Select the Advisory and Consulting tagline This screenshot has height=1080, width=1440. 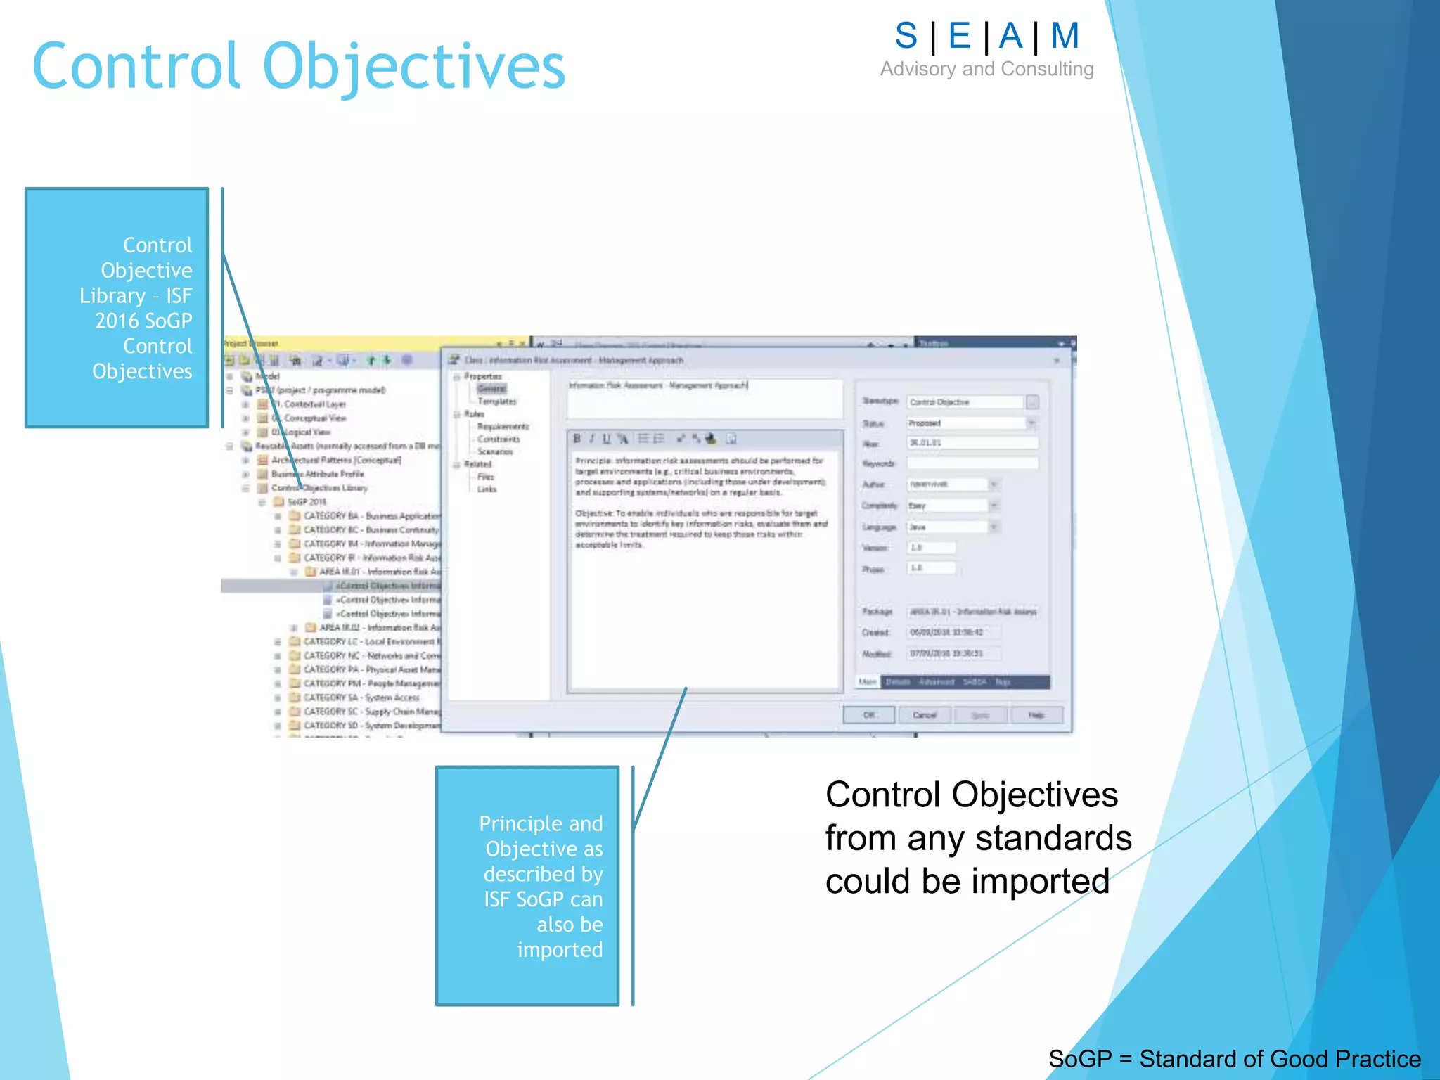(x=986, y=69)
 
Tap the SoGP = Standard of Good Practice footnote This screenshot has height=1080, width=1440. (x=1234, y=1058)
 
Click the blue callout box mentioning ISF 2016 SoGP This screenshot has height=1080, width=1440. (x=117, y=307)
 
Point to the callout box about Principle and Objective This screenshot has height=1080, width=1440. (x=527, y=886)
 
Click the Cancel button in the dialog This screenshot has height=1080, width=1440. (x=925, y=715)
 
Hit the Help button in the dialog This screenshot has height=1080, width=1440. (x=1036, y=715)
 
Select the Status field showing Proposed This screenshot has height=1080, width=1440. (x=967, y=423)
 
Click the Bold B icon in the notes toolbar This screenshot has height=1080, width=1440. (x=577, y=439)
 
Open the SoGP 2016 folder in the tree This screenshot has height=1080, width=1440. (x=307, y=502)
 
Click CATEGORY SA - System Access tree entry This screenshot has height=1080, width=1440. (x=361, y=697)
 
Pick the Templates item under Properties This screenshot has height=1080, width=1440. (x=496, y=401)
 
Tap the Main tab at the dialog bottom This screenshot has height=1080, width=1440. (x=868, y=682)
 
